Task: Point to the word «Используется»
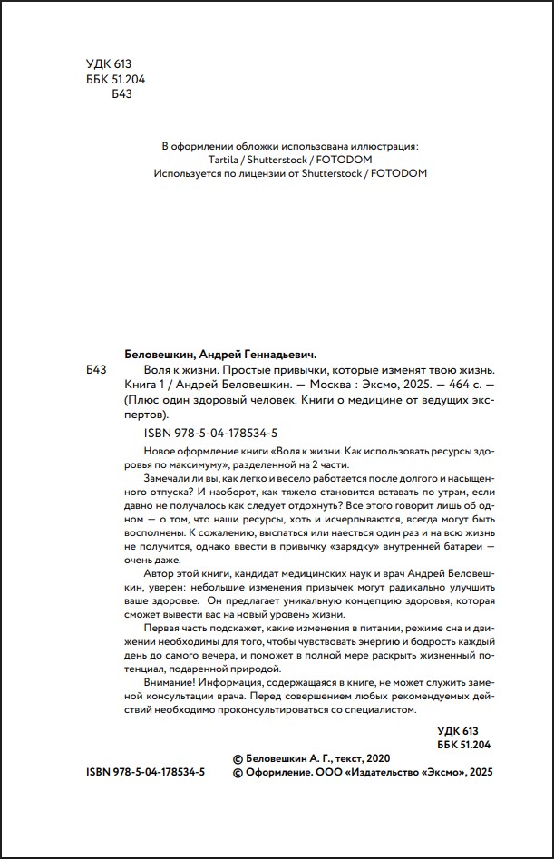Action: coord(190,173)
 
